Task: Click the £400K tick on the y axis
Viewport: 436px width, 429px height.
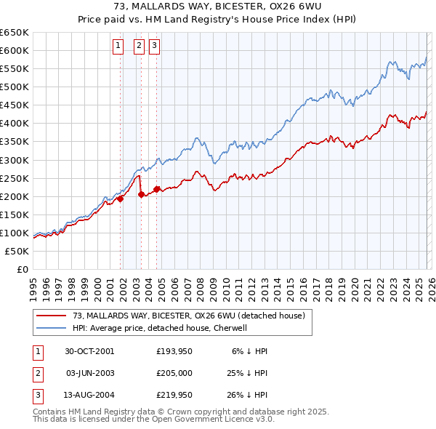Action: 16,123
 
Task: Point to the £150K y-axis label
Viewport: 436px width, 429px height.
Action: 16,214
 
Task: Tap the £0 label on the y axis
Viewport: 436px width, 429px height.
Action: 22,269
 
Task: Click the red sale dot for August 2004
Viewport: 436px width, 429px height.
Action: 156,189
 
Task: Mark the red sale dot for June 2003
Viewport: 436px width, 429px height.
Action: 141,194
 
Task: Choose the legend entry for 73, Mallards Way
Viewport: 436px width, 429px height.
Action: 192,315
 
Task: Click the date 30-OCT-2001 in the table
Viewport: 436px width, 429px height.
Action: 89,351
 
